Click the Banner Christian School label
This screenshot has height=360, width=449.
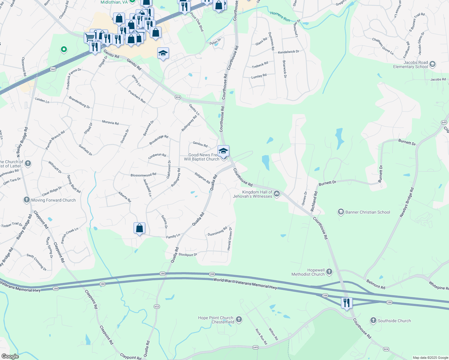click(x=368, y=212)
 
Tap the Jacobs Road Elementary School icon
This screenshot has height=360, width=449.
click(x=432, y=64)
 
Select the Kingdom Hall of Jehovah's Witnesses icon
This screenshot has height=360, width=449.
click(x=277, y=194)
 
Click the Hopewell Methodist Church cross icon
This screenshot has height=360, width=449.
click(x=329, y=272)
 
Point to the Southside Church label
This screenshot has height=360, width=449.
click(x=394, y=321)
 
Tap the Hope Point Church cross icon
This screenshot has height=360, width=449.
click(x=239, y=319)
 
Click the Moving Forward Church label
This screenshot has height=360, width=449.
click(x=53, y=200)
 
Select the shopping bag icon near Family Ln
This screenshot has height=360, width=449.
click(x=140, y=228)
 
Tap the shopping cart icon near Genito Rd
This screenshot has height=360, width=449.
click(x=89, y=37)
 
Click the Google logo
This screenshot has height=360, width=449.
click(x=10, y=356)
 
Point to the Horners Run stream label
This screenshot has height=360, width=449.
click(x=280, y=16)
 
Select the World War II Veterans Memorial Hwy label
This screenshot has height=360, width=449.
click(x=245, y=283)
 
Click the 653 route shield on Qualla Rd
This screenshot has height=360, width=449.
click(x=157, y=307)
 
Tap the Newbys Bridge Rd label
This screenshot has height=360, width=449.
click(x=407, y=202)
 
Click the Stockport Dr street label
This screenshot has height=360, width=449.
click(x=188, y=255)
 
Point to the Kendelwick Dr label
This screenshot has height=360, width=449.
click(x=288, y=52)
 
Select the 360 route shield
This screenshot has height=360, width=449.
click(x=53, y=69)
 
